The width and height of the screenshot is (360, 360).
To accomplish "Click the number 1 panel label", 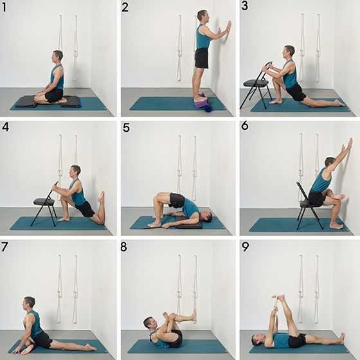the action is point(4,7).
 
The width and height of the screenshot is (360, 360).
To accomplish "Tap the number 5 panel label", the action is point(126,128).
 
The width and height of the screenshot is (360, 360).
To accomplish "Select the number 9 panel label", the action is point(245,247).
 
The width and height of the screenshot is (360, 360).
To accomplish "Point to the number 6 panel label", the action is point(245,125).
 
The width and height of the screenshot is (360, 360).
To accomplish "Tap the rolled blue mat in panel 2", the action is point(208,108).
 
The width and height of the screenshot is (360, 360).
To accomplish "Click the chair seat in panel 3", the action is point(256,83).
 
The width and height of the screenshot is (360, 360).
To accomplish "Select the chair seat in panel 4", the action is point(44,202).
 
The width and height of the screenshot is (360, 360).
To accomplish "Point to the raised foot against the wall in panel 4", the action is point(102,197).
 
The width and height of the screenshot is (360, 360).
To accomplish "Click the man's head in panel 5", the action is point(206,217).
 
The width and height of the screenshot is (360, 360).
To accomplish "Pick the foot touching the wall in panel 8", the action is point(194,315).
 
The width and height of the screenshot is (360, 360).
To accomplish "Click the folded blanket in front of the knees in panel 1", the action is point(26,102).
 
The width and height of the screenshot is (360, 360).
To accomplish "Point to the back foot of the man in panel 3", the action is point(339,103).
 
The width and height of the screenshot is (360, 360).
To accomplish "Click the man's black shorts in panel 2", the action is point(202,58).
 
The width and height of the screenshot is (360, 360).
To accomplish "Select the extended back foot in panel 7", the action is point(91,347).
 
